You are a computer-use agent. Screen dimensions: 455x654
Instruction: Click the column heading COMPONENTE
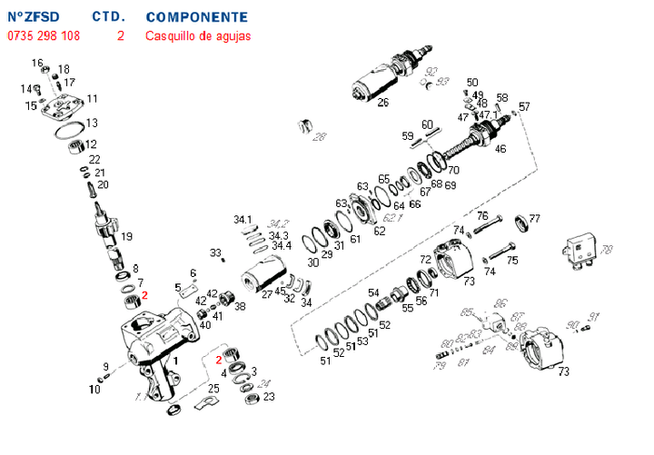click(x=195, y=17)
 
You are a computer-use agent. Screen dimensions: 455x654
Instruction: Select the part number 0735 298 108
click(x=44, y=36)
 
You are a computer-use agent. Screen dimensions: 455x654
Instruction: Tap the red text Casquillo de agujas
click(x=198, y=36)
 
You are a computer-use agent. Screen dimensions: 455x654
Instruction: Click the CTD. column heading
click(x=110, y=17)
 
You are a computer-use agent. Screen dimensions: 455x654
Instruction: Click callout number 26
click(x=382, y=103)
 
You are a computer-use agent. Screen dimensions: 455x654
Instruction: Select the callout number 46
click(x=500, y=149)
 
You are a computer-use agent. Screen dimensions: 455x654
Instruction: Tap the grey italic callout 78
click(x=607, y=250)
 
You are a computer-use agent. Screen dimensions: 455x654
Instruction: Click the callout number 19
click(x=126, y=236)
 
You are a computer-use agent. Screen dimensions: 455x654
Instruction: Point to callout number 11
click(x=93, y=98)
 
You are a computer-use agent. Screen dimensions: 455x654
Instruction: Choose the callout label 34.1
click(x=243, y=220)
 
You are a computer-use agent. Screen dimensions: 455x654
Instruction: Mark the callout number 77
click(x=534, y=219)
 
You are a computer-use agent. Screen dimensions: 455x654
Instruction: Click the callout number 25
click(x=213, y=389)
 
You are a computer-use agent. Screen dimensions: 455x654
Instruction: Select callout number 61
click(x=355, y=239)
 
